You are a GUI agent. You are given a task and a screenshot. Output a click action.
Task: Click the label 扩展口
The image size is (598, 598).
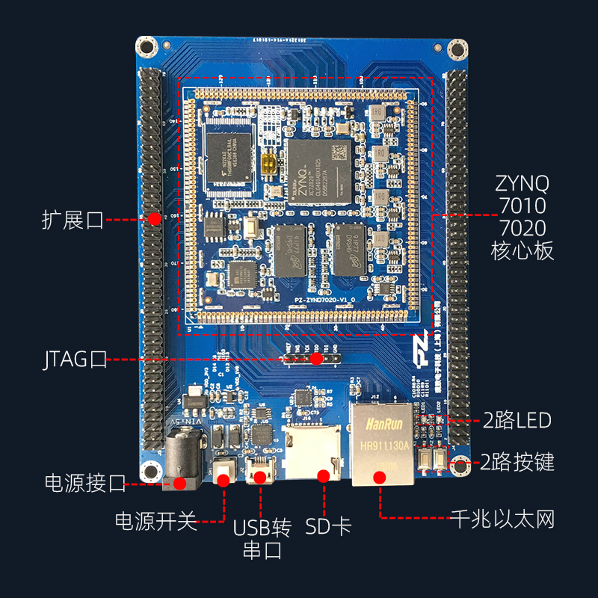[73, 220]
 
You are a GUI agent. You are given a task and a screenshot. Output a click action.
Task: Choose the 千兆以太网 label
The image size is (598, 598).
[502, 520]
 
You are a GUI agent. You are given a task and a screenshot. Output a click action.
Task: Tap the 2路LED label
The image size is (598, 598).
[517, 420]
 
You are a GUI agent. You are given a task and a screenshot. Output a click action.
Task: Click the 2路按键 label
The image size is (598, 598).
[517, 462]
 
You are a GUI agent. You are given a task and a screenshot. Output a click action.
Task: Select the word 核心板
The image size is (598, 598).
[522, 250]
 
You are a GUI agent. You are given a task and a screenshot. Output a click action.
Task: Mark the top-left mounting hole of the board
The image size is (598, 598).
[147, 47]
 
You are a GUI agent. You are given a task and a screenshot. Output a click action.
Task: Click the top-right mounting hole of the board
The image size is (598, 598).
[455, 50]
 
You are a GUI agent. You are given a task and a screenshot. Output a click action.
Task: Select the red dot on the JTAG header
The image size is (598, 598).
[316, 359]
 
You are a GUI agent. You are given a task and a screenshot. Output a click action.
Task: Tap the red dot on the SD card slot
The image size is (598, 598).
[324, 475]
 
